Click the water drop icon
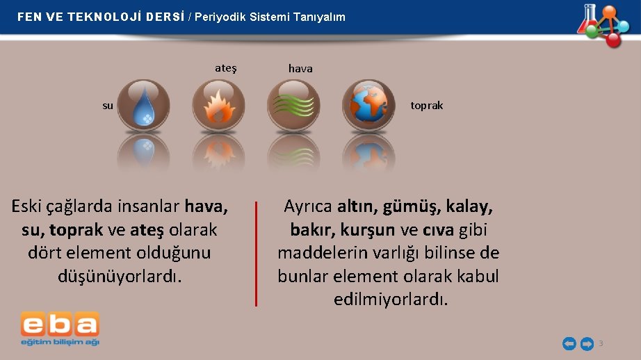[x=144, y=105]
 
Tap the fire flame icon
[x=218, y=105]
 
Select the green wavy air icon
[x=293, y=105]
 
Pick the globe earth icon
[x=368, y=105]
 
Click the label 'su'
[x=108, y=106]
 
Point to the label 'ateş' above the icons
[x=226, y=68]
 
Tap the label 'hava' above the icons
[x=300, y=69]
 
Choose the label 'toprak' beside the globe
[x=426, y=106]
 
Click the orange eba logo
[x=60, y=325]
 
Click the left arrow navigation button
[x=569, y=343]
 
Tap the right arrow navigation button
[x=587, y=343]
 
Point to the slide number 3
[x=601, y=343]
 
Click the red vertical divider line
[x=256, y=254]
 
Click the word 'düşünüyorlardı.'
[x=120, y=276]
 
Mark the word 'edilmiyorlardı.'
[x=391, y=300]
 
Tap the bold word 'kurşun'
[x=368, y=229]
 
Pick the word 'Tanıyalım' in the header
[x=318, y=17]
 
